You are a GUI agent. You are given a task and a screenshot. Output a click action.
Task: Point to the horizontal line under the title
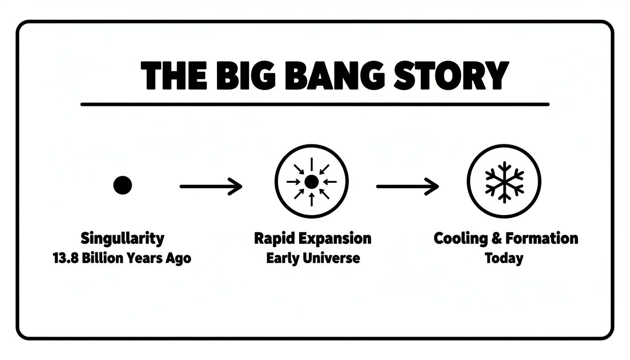[315, 105]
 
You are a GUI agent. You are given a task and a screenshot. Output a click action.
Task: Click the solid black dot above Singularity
[123, 186]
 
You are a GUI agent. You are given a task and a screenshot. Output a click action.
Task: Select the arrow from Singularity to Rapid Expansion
[211, 187]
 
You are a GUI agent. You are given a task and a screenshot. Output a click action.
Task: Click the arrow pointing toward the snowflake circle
[407, 187]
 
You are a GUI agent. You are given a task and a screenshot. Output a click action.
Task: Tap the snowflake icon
[504, 182]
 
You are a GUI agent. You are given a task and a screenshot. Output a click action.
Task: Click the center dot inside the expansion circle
[312, 182]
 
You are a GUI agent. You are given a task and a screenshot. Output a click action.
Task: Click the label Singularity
[123, 239]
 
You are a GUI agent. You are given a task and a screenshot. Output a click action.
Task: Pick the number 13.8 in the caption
[67, 258]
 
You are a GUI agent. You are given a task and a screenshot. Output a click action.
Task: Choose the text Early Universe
[313, 258]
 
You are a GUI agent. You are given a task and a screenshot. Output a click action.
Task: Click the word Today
[504, 258]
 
